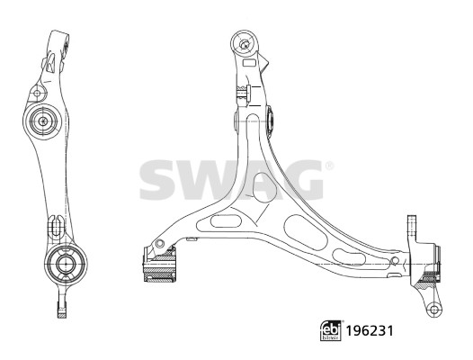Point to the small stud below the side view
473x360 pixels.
pos(61,311)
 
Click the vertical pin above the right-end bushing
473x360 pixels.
pos(412,225)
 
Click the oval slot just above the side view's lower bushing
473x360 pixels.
pos(55,220)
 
